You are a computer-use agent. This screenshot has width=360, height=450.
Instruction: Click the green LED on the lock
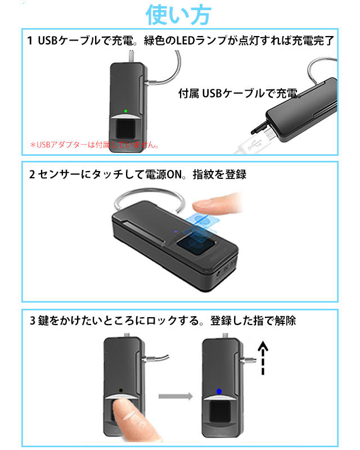tap(125, 111)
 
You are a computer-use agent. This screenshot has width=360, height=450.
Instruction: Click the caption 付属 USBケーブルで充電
tap(240, 93)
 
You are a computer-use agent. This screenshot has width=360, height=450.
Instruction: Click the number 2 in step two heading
tap(31, 174)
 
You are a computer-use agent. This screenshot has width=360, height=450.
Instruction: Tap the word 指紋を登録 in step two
tap(220, 174)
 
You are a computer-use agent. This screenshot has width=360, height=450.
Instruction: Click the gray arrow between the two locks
tap(175, 397)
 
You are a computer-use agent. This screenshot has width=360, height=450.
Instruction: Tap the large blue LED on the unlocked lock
tap(218, 391)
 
